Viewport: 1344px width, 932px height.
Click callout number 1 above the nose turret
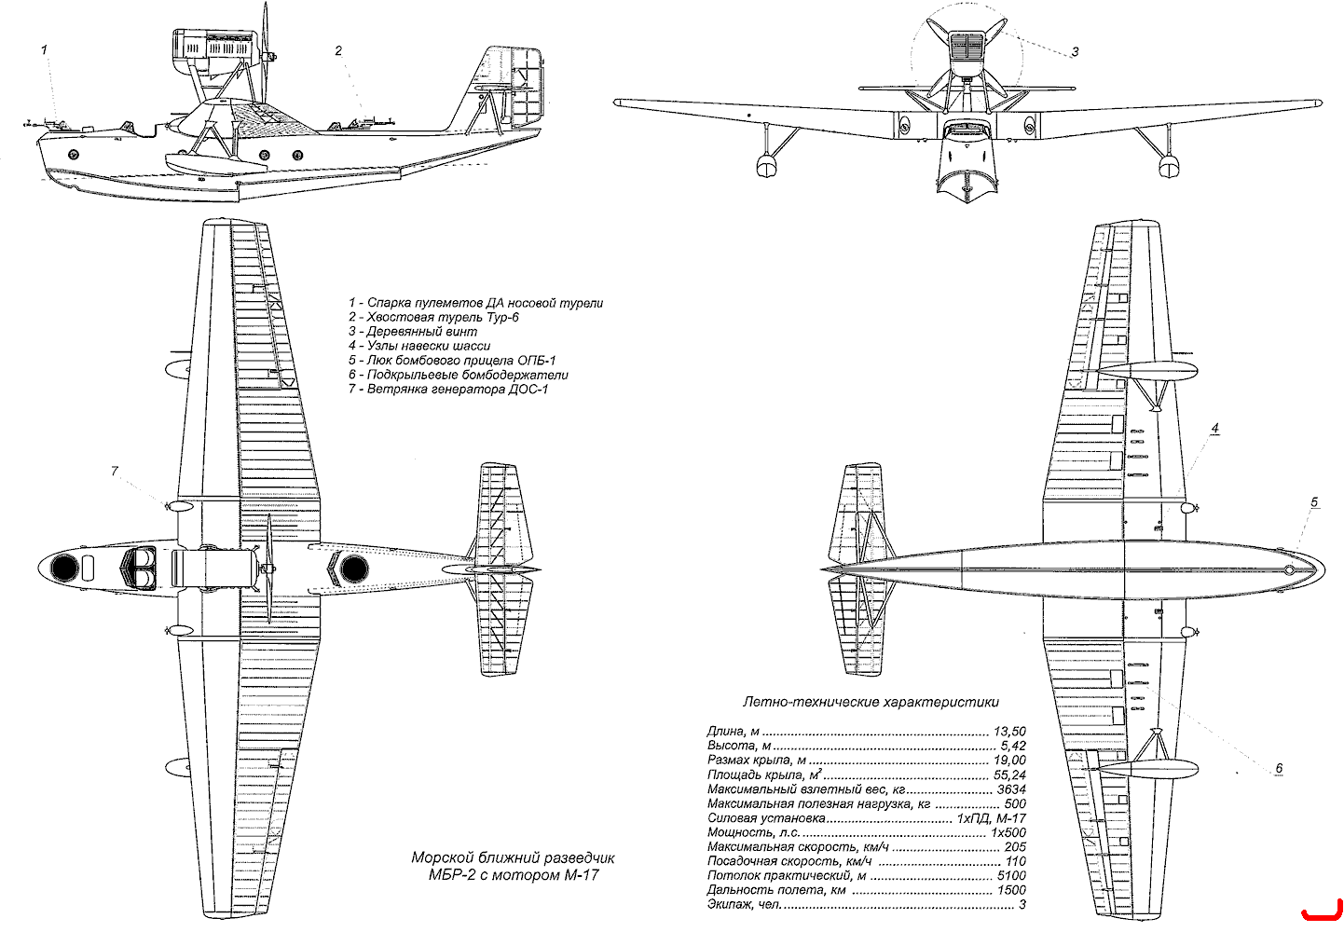(44, 49)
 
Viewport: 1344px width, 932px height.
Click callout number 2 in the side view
(338, 51)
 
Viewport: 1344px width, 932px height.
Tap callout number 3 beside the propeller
(1076, 52)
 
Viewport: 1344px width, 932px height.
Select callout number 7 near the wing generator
(115, 471)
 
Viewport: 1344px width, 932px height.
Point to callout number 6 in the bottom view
(1279, 768)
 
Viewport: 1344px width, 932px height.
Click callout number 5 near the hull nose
(1314, 501)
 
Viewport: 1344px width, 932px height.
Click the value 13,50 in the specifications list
(1010, 732)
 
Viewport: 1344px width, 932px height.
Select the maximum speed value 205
(1015, 847)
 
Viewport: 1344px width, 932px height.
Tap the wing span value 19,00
(1010, 761)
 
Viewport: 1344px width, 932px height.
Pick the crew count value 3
(1022, 904)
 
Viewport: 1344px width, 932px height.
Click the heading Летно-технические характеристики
(871, 702)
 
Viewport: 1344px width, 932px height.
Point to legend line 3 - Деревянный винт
(413, 331)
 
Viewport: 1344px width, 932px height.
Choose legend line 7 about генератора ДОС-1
(448, 389)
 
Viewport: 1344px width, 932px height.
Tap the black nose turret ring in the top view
(63, 568)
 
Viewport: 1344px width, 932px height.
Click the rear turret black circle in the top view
(354, 569)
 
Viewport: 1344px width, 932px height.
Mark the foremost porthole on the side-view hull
(74, 153)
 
